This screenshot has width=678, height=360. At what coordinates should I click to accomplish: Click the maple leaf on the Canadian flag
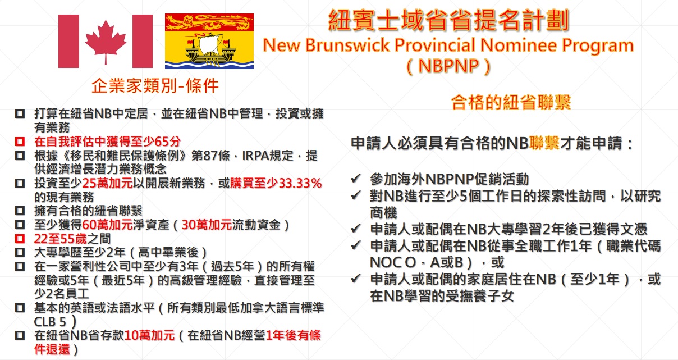pos(106,42)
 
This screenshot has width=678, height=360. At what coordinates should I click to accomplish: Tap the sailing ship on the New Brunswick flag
pos(209,48)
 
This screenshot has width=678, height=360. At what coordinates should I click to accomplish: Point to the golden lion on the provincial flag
pos(209,22)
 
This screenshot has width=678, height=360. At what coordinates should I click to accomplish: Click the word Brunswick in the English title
pos(347,45)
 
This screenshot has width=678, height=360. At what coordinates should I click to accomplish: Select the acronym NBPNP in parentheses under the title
pos(448,66)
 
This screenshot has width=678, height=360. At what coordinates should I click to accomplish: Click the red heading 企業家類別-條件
pos(155,86)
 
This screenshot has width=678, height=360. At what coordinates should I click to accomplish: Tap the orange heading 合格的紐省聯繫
pos(511,102)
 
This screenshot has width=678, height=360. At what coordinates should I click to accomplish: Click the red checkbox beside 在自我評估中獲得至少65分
pos(20,142)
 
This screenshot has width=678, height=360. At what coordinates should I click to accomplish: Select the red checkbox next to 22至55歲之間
pos(20,239)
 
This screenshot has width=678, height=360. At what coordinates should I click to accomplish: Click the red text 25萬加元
pos(107,183)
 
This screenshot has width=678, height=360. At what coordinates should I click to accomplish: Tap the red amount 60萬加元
pos(107,225)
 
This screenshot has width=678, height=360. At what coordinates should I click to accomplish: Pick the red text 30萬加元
pos(207,225)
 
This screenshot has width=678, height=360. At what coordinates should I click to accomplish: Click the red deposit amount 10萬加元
pos(149,335)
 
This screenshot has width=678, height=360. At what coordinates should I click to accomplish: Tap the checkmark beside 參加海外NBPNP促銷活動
pos(356,179)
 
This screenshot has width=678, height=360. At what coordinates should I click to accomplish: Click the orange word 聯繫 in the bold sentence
pos(544,143)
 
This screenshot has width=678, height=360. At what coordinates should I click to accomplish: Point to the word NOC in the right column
pos(388,262)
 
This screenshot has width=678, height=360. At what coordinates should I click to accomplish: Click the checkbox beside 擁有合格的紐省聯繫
pos(20,211)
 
